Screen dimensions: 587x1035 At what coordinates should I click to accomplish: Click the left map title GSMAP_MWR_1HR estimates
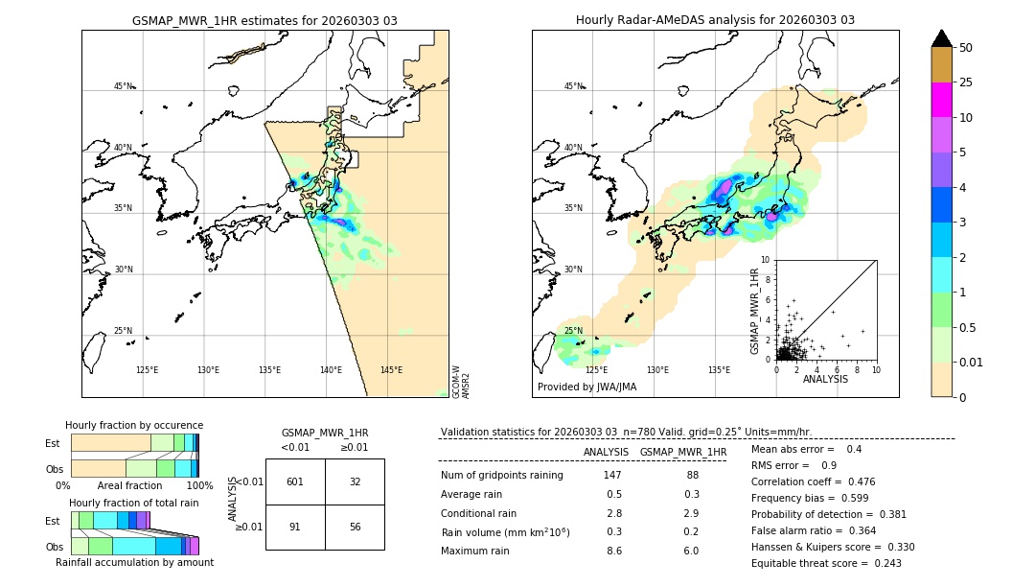(264, 20)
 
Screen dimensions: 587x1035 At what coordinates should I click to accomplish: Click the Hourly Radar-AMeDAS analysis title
(715, 20)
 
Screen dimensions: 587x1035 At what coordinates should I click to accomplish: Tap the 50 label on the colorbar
(966, 48)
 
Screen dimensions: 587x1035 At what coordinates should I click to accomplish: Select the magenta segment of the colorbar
(941, 100)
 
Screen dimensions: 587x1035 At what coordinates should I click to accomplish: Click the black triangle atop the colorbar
(941, 38)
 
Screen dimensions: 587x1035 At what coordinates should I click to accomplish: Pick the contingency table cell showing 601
(295, 481)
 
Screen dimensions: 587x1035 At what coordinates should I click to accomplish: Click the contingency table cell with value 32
(355, 481)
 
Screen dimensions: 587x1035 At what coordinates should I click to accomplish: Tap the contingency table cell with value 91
(295, 527)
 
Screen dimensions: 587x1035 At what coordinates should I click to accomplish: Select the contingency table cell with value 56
(355, 527)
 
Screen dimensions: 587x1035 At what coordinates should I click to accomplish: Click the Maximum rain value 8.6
(613, 551)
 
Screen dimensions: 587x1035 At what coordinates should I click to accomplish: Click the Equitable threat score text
(826, 563)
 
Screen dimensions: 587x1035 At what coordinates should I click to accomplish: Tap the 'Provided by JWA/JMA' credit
(586, 387)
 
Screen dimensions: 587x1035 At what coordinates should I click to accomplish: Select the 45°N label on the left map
(123, 86)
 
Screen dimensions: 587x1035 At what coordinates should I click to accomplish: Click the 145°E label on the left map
(391, 370)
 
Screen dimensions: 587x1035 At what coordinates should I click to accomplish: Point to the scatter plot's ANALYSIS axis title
(825, 379)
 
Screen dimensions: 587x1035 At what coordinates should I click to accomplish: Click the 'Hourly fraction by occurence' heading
(134, 425)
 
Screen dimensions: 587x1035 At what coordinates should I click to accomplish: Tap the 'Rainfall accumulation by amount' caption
(134, 563)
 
